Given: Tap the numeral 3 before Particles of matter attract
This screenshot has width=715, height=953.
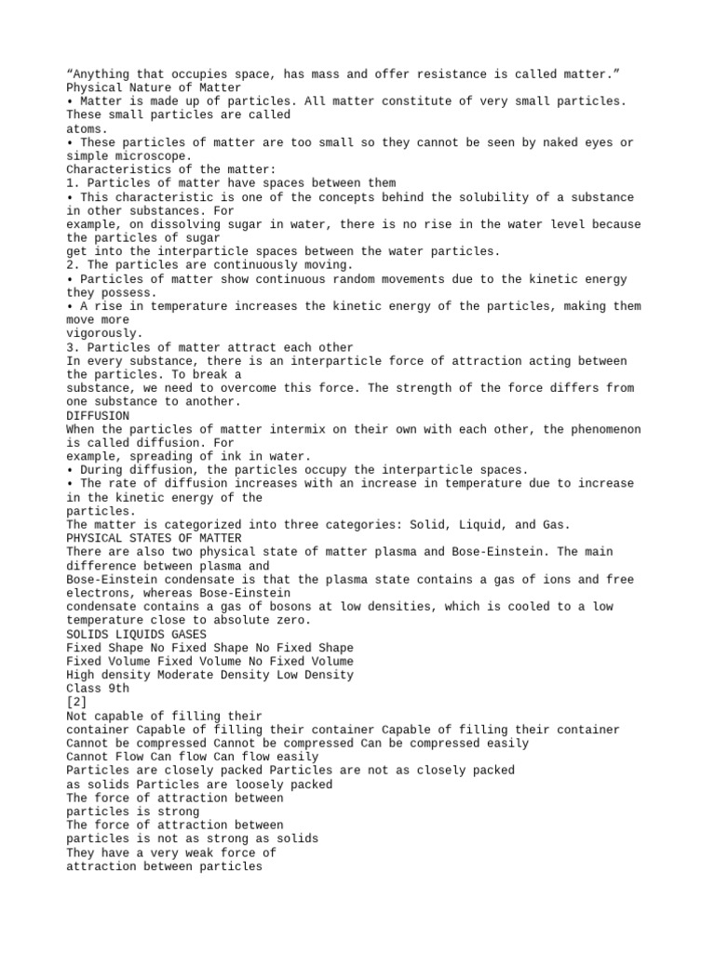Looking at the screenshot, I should click(71, 347).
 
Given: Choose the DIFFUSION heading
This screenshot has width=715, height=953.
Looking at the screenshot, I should click(98, 415).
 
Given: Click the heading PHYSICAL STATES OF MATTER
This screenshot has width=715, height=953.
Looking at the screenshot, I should click(154, 538).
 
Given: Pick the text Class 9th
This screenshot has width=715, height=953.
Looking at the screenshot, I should click(98, 689).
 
